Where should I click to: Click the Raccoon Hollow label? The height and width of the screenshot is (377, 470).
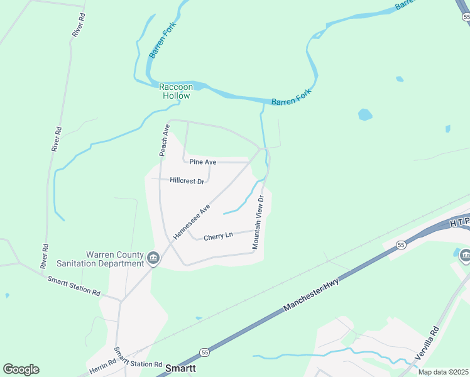(x=175, y=91)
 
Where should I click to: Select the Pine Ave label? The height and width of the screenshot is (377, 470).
(x=202, y=162)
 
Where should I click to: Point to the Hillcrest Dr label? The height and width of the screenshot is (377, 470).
(x=187, y=181)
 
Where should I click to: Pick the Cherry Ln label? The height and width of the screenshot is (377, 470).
(x=218, y=236)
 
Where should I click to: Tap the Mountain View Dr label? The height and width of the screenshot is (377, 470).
(x=258, y=222)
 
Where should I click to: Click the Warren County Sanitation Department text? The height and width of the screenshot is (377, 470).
(x=115, y=259)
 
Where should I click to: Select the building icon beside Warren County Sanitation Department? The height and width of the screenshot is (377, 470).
(x=153, y=258)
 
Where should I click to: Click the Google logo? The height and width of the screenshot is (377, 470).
(x=21, y=369)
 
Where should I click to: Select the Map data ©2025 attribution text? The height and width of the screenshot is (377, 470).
(x=442, y=372)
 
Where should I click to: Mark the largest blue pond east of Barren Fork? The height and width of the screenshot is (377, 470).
(x=365, y=115)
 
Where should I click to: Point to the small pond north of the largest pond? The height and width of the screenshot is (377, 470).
(x=399, y=79)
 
